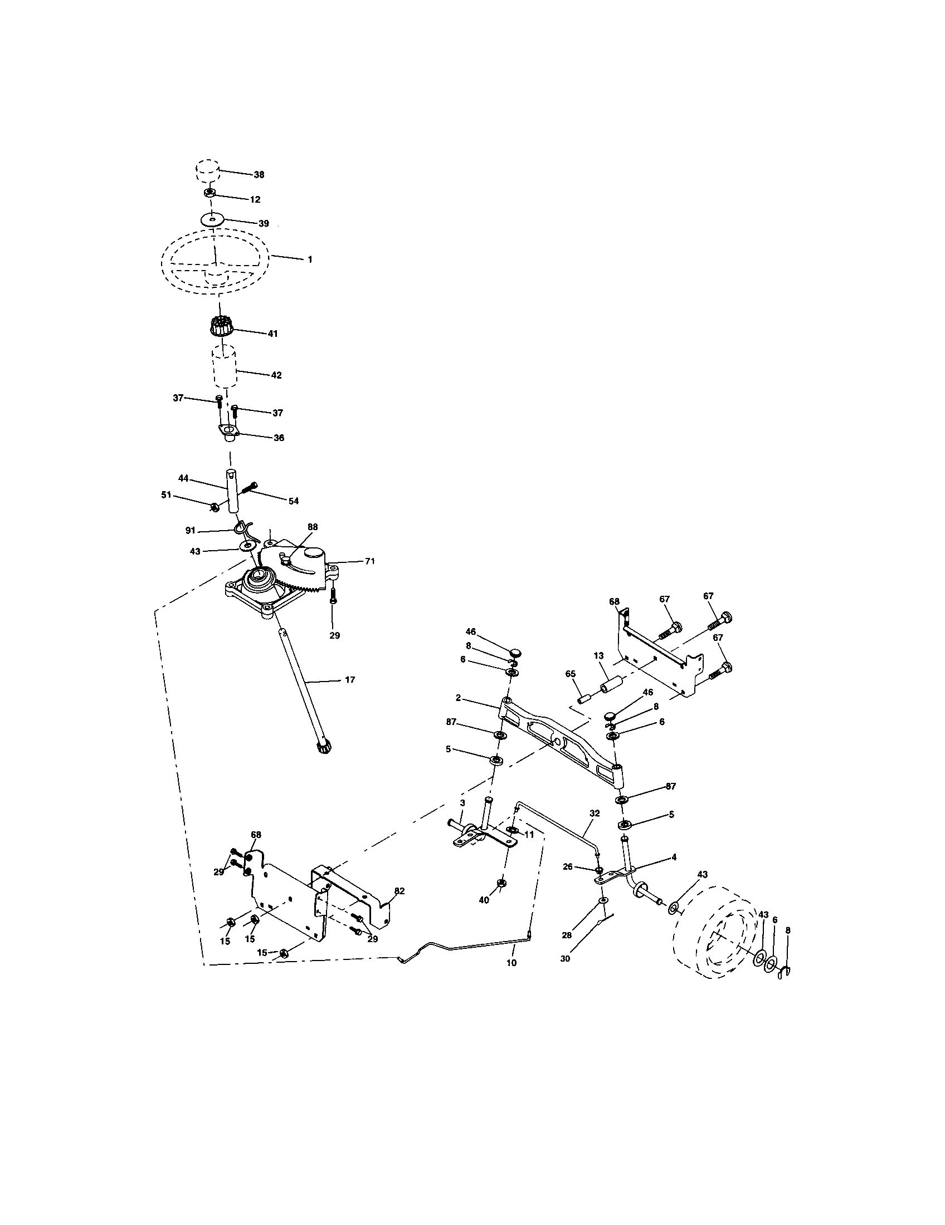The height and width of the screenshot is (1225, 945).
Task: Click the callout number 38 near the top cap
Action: tap(258, 174)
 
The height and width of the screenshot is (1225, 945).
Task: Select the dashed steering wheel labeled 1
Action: tap(216, 262)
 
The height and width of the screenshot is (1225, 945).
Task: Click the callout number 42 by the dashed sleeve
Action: tap(276, 375)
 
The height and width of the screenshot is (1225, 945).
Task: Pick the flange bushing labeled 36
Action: tap(228, 434)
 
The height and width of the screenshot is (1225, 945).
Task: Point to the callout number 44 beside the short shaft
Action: tap(183, 478)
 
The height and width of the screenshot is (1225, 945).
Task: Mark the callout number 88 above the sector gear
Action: tap(313, 527)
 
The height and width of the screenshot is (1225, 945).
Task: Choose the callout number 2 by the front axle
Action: tap(458, 698)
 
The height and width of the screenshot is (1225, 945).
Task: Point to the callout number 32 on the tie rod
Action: tap(595, 813)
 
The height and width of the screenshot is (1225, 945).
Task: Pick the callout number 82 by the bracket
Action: tap(399, 891)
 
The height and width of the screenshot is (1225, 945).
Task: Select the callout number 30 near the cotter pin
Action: tap(565, 959)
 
